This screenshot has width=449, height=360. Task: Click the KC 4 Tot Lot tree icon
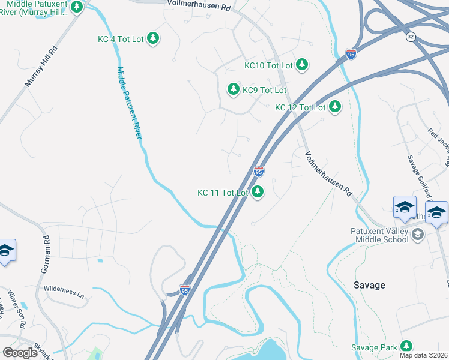(154, 39)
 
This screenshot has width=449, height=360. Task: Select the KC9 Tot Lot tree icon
(233, 90)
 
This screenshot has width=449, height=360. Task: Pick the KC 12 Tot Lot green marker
(335, 107)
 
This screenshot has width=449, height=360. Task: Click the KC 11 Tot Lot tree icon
(258, 193)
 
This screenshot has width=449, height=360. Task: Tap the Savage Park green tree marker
(407, 347)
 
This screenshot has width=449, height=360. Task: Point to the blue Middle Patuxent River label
(129, 103)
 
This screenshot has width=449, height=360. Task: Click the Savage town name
(369, 285)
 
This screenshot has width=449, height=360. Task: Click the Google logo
(20, 353)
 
